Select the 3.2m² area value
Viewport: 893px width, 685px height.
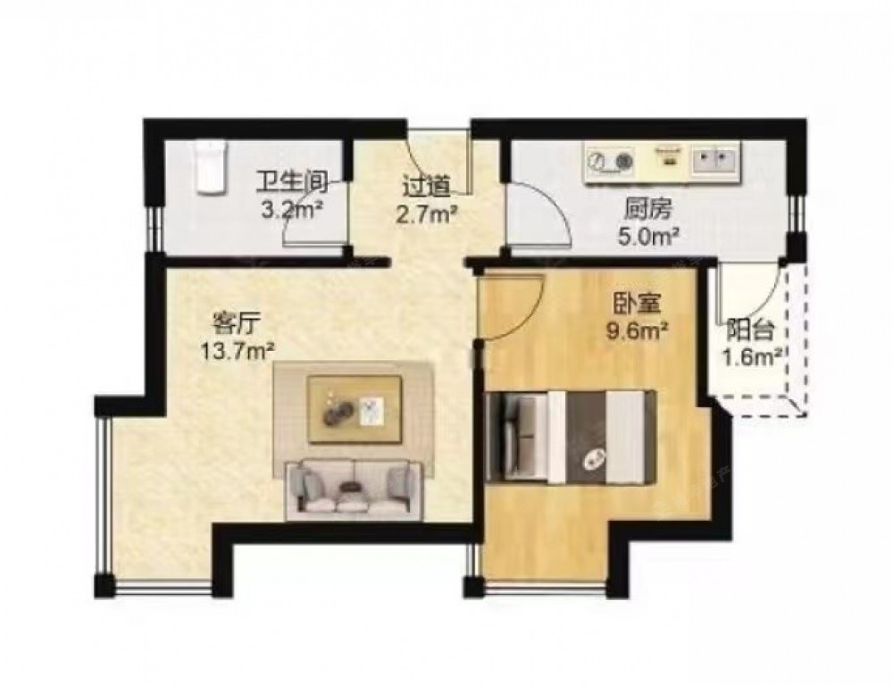[x=292, y=211]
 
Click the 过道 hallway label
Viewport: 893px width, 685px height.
[x=426, y=186]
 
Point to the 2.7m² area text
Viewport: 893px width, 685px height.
[x=427, y=216]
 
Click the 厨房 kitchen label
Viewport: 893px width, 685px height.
[x=648, y=211]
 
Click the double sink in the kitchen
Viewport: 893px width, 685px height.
[x=714, y=160]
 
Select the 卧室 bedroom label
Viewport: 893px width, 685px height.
[x=636, y=303]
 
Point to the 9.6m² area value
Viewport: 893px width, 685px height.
[x=637, y=330]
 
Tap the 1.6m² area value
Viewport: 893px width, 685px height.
[x=751, y=357]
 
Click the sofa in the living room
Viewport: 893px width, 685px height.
[x=354, y=489]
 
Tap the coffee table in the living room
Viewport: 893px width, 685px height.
[x=355, y=408]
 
